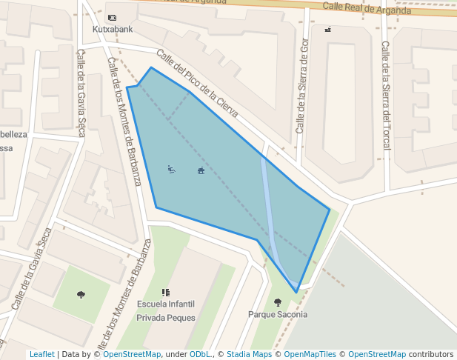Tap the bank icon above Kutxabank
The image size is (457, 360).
coord(112,17)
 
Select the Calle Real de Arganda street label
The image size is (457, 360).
coord(367,9)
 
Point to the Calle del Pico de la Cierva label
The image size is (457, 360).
coord(197,83)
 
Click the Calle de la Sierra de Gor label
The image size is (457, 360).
coord(302,85)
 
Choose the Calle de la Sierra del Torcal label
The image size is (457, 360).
coord(385,95)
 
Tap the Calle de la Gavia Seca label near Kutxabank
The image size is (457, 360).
coord(81,93)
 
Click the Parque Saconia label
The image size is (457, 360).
coord(278,314)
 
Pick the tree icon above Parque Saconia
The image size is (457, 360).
coord(278,301)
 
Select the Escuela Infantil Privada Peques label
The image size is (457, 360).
coord(166,311)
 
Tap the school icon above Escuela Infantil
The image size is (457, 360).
coord(166,293)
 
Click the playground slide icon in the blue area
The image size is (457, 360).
coord(172,170)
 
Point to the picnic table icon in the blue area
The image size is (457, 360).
coord(201,171)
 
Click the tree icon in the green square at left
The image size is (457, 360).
coord(81,294)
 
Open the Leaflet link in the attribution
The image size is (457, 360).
coord(41,354)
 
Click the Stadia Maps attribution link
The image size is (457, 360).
coord(249,354)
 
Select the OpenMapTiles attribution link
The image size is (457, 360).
coord(314,354)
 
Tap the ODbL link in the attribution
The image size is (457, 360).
coord(199,354)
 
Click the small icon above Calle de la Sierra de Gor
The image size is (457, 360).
coord(327,30)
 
